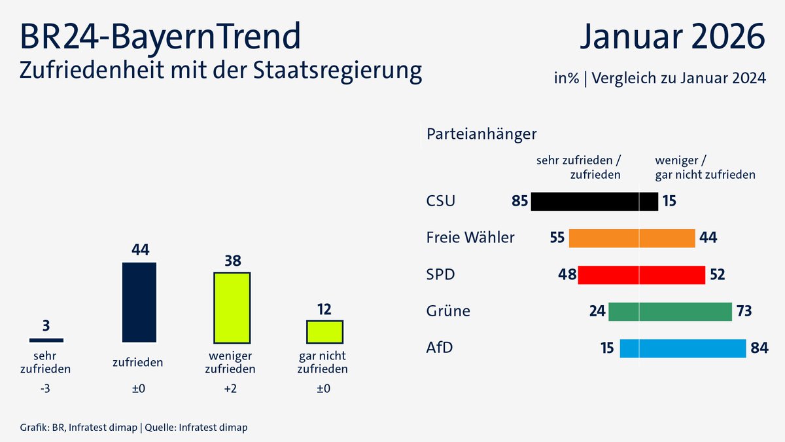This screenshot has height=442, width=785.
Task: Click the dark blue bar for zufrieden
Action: click(139, 302)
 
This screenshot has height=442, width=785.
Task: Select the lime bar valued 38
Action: click(232, 307)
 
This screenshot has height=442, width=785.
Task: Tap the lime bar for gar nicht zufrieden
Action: click(324, 331)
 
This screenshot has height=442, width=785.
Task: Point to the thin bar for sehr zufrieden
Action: click(46, 340)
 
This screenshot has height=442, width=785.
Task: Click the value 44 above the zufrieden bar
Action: click(140, 249)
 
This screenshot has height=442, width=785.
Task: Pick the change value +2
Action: click(232, 389)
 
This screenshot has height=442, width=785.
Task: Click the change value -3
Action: click(46, 389)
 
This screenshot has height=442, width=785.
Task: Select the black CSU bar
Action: click(594, 201)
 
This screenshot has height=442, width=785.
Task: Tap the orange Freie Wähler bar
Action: click(631, 238)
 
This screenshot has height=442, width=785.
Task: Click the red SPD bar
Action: click(640, 275)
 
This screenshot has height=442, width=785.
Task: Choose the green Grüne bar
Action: click(669, 312)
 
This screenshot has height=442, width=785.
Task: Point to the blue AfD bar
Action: click(682, 348)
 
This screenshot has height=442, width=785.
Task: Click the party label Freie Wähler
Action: click(470, 238)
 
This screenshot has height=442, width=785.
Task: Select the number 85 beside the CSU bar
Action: click(519, 201)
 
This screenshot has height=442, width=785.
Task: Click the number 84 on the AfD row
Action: click(759, 348)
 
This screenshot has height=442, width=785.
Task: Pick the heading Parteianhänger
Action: click(481, 134)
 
